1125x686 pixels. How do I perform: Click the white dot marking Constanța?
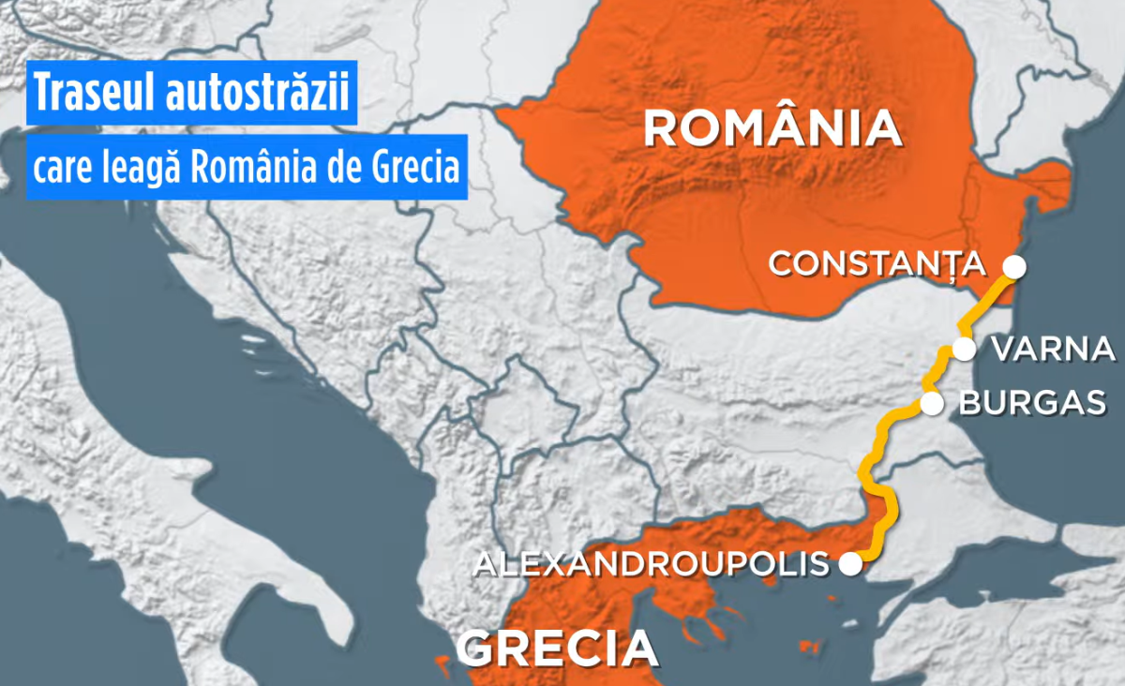click(x=1013, y=266)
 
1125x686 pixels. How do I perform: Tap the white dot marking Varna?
click(x=964, y=350)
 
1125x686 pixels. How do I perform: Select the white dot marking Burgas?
click(x=932, y=404)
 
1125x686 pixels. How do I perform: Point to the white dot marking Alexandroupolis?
click(x=849, y=563)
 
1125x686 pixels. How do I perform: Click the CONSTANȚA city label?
click(x=877, y=264)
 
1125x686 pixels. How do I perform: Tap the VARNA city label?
click(x=1052, y=350)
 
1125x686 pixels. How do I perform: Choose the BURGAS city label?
click(x=1033, y=404)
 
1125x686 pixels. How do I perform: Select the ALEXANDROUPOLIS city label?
click(x=651, y=564)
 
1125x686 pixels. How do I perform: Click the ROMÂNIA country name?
click(x=772, y=128)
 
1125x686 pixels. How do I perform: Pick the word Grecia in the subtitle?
click(x=413, y=170)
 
